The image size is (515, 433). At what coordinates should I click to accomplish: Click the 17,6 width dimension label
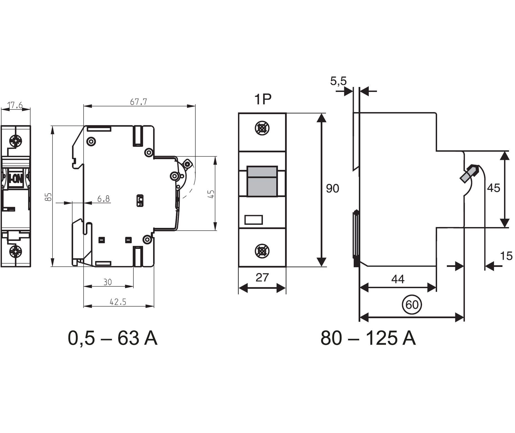coord(15,105)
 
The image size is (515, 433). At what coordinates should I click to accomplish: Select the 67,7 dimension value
coord(138,102)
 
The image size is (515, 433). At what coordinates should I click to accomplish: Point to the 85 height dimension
coord(48,197)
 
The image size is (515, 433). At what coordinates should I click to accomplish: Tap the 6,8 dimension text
coord(103,199)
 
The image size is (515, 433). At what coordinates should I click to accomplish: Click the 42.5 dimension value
coord(118,302)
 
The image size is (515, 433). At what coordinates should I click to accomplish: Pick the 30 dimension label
coord(108,282)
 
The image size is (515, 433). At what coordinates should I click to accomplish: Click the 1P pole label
coord(262,99)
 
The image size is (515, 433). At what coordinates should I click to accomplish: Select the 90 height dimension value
coord(332,189)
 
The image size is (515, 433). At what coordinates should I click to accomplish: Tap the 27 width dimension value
coord(262,277)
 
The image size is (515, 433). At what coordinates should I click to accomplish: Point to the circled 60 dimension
coord(412,305)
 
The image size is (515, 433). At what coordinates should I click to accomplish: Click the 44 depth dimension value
coord(398,279)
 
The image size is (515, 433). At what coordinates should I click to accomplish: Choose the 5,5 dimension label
coord(338,81)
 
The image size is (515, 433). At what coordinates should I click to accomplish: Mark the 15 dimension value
coord(506,256)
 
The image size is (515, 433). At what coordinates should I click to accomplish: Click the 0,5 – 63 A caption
coord(112,338)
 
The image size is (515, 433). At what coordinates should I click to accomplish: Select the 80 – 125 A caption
coord(368,338)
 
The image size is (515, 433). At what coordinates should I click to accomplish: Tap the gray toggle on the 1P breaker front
coord(262,182)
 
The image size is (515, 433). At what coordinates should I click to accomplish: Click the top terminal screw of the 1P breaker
coord(262,128)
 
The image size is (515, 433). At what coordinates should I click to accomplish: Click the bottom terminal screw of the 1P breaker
coord(262,251)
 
